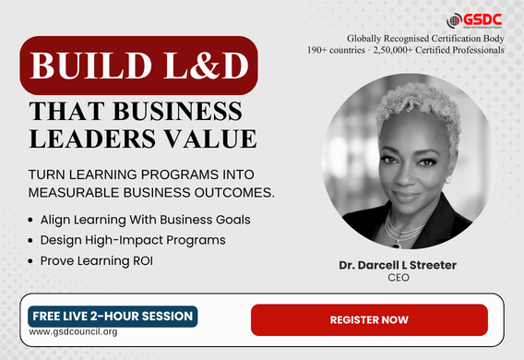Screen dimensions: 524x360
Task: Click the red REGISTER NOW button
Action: click(x=369, y=320)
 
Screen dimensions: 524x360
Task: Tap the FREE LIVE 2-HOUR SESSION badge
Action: click(x=113, y=317)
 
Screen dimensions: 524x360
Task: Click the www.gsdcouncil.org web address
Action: click(x=73, y=332)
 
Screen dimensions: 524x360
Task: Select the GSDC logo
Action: click(x=474, y=20)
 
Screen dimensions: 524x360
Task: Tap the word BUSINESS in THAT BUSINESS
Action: click(x=178, y=111)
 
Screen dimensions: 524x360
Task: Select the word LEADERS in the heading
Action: click(x=92, y=138)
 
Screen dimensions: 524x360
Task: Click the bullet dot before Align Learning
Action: click(x=30, y=220)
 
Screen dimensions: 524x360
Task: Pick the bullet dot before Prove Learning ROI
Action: click(x=30, y=261)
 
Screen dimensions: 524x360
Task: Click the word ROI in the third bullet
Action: click(x=143, y=260)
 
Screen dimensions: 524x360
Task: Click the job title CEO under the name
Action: click(x=399, y=278)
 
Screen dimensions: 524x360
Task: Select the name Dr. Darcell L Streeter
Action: click(x=398, y=265)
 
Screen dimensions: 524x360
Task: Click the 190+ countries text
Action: click(x=336, y=50)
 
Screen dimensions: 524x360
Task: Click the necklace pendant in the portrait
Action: click(x=397, y=246)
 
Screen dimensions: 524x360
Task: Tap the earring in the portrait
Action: click(x=448, y=180)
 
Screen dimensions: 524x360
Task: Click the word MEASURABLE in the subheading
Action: click(x=74, y=193)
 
